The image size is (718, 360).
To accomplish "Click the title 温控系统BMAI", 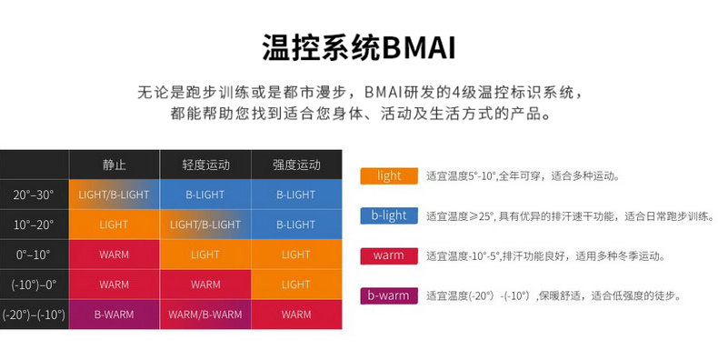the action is pyautogui.click(x=359, y=47).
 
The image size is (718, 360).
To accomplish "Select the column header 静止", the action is pyautogui.click(x=114, y=165).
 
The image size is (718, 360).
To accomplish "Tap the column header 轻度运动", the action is pyautogui.click(x=205, y=165).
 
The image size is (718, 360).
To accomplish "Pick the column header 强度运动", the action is pyautogui.click(x=296, y=165).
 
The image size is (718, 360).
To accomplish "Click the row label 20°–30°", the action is pyautogui.click(x=34, y=195).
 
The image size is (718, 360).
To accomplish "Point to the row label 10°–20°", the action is pyautogui.click(x=34, y=225).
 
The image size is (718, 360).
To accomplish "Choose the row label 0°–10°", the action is pyautogui.click(x=34, y=255).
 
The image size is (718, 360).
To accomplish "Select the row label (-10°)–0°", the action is pyautogui.click(x=34, y=285).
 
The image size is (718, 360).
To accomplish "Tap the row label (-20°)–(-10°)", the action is pyautogui.click(x=34, y=315).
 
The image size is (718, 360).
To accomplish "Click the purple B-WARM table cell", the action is pyautogui.click(x=114, y=315).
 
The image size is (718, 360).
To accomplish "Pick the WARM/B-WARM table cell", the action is pyautogui.click(x=205, y=315).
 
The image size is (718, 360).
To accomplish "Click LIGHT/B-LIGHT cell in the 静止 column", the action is pyautogui.click(x=114, y=195).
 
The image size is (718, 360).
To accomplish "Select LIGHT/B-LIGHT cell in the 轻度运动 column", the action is pyautogui.click(x=205, y=225).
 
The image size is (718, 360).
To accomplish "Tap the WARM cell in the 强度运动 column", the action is pyautogui.click(x=296, y=315).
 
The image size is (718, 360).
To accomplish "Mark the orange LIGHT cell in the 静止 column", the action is pyautogui.click(x=114, y=225).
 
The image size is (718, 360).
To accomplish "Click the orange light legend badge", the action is pyautogui.click(x=389, y=175).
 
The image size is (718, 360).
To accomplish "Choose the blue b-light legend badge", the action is pyautogui.click(x=389, y=215).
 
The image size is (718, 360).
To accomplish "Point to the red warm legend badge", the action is pyautogui.click(x=389, y=255).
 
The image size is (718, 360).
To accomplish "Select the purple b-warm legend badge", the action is pyautogui.click(x=389, y=295).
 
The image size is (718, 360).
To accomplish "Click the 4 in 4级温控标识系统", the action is pyautogui.click(x=456, y=92).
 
